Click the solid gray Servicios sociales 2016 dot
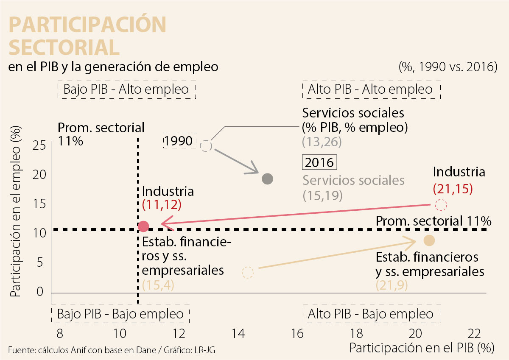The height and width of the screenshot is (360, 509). (x=267, y=179)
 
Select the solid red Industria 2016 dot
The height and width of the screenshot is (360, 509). (x=143, y=226)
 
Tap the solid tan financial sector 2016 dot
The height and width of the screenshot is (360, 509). (x=429, y=241)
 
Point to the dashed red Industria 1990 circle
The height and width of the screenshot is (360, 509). (x=441, y=205)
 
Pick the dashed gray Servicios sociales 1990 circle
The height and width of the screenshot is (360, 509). (x=206, y=146)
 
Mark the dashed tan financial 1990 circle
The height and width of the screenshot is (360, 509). (x=248, y=272)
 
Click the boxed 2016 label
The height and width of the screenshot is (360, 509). (x=319, y=162)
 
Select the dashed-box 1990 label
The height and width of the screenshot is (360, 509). (x=178, y=141)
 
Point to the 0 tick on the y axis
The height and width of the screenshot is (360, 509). (x=40, y=292)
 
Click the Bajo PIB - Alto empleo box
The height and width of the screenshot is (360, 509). (x=126, y=90)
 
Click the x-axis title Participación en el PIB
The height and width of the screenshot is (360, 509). (x=422, y=348)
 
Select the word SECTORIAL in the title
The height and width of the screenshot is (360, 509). (x=64, y=47)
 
